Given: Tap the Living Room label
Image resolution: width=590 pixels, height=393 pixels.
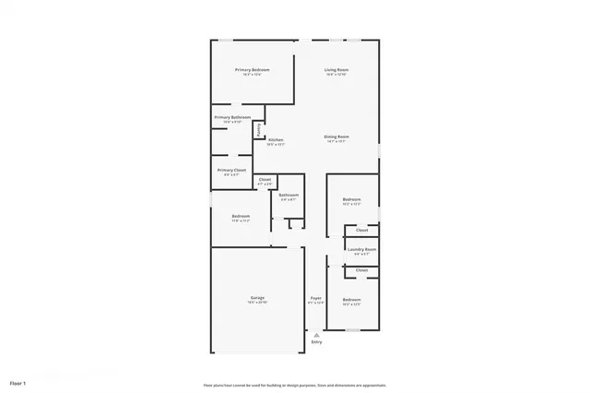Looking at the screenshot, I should [x=336, y=70].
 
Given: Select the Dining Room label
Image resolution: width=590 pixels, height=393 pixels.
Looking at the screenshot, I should [x=335, y=137].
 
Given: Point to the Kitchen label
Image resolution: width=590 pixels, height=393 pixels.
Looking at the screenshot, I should [x=276, y=139].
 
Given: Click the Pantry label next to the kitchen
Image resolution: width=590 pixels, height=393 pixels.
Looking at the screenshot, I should [x=260, y=128].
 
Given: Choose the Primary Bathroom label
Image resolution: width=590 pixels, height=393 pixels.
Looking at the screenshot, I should [x=232, y=117].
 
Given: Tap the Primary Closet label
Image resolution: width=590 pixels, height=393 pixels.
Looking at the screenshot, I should [x=231, y=170].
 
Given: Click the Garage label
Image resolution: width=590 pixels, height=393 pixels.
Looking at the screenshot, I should [x=257, y=297].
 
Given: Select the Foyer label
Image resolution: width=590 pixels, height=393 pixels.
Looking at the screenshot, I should [x=315, y=298].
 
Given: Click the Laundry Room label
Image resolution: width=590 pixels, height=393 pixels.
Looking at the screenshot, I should [x=361, y=249].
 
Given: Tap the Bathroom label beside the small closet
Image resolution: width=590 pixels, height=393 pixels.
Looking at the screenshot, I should [x=289, y=195].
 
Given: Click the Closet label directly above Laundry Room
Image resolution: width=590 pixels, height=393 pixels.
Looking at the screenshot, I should [x=362, y=230].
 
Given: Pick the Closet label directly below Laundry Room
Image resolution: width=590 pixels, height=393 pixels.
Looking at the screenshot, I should [x=362, y=270].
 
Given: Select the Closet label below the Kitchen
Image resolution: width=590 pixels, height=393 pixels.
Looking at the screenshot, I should [x=265, y=179].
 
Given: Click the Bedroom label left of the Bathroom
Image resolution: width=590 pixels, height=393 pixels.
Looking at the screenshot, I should [x=241, y=216].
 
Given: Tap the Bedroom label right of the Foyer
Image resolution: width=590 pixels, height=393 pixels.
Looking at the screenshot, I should [x=352, y=300].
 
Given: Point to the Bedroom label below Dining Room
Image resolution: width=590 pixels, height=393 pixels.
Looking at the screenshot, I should [x=352, y=199].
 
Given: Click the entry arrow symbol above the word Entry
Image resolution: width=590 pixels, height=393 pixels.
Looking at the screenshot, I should [x=316, y=335].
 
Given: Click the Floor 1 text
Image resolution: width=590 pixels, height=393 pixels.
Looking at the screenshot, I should [x=18, y=382].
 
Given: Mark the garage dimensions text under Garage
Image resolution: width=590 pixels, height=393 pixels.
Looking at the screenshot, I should [x=257, y=303].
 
